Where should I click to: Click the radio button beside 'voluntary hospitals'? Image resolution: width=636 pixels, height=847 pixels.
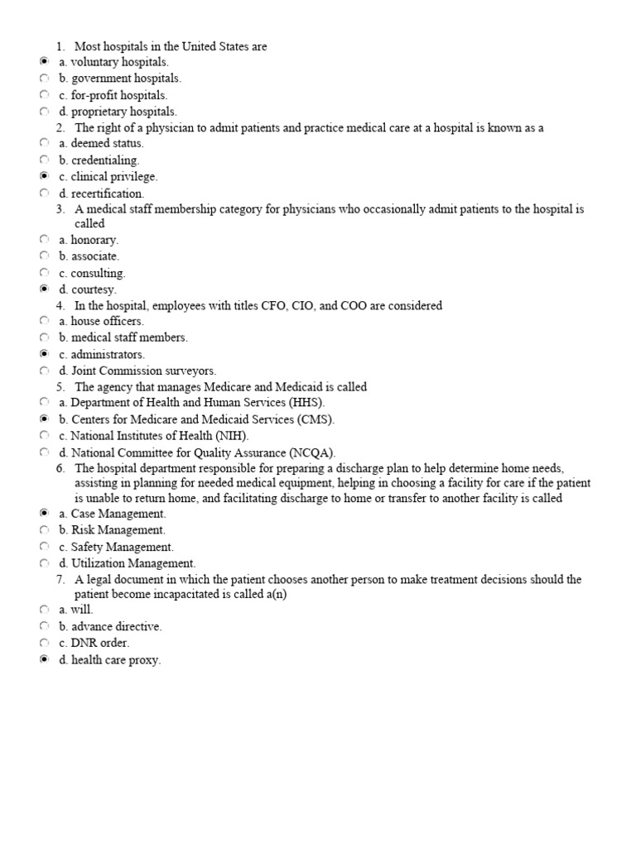tap(44, 62)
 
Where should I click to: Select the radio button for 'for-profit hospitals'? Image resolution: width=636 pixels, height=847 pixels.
tap(44, 95)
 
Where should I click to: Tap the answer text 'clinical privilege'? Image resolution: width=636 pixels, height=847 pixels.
tap(113, 177)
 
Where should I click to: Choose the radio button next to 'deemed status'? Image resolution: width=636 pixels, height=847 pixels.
tap(44, 143)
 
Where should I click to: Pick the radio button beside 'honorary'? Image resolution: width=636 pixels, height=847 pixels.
tap(44, 240)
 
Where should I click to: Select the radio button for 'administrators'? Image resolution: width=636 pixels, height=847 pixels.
tap(44, 354)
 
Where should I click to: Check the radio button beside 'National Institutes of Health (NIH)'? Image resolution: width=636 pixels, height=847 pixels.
tap(44, 435)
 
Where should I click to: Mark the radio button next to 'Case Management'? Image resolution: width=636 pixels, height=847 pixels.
tap(44, 514)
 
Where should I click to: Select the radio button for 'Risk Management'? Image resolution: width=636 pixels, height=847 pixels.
tap(44, 530)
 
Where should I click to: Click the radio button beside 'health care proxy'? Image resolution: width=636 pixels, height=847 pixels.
tap(44, 660)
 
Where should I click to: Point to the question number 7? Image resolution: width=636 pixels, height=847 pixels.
tap(60, 580)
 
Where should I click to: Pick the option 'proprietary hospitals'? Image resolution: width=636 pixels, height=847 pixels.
tap(123, 112)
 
